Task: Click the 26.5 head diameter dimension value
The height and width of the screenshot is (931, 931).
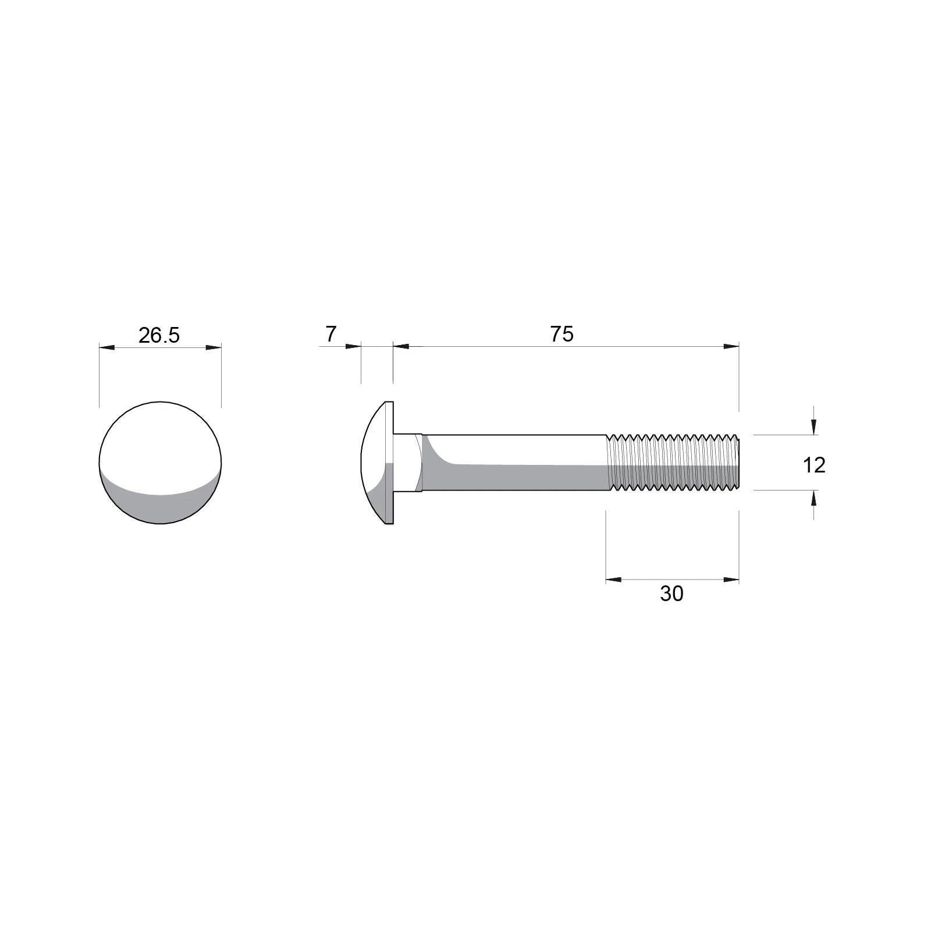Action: point(159,335)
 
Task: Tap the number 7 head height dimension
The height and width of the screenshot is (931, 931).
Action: point(331,335)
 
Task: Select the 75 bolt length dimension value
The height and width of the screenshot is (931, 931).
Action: point(562,334)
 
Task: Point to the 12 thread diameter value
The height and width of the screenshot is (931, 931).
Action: point(814,465)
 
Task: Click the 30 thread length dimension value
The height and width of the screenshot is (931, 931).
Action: point(671,594)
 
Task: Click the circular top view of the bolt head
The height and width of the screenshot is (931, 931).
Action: point(160,463)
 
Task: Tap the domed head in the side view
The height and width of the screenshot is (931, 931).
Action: point(377,463)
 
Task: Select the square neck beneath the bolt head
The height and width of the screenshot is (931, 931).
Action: point(408,463)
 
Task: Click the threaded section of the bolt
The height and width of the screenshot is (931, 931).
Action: point(673,463)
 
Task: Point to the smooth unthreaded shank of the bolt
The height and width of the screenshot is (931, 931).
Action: point(514,463)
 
